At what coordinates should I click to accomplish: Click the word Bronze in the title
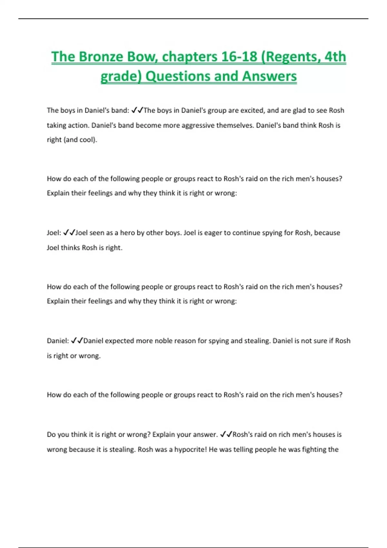click(101, 57)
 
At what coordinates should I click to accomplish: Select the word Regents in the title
click(290, 57)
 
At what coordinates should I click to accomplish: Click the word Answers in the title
click(269, 76)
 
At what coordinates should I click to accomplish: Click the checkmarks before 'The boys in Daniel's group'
click(137, 111)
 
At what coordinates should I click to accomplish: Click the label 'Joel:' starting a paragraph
click(54, 233)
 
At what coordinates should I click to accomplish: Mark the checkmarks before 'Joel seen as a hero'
click(69, 233)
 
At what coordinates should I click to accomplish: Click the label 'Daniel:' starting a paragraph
click(58, 341)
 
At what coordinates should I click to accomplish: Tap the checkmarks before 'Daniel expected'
click(77, 341)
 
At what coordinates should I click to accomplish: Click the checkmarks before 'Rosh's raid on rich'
click(226, 435)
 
